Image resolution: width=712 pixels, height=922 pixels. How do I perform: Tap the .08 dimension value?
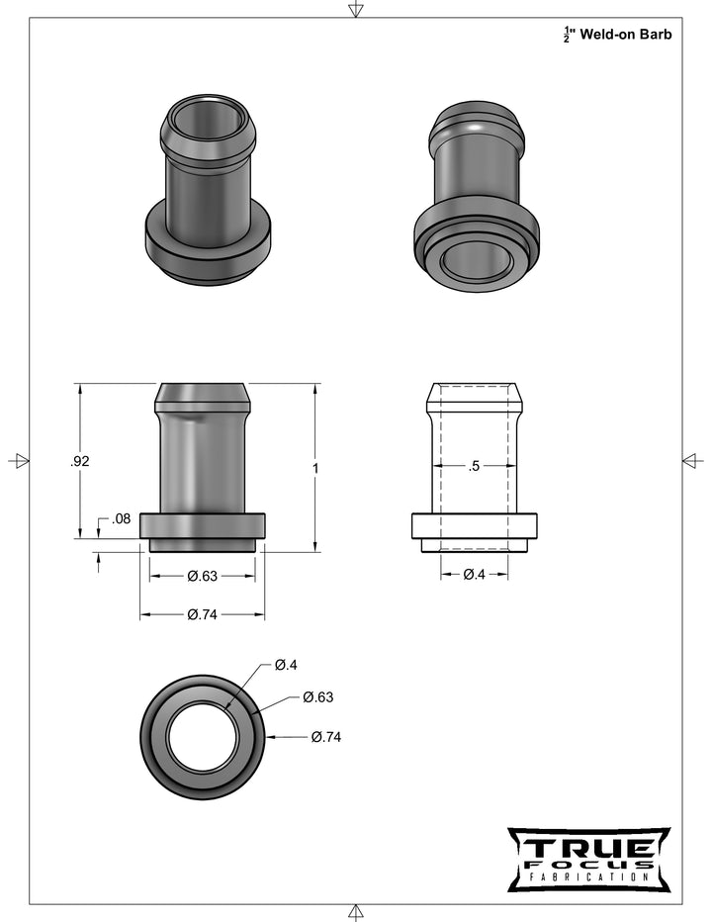click(x=122, y=518)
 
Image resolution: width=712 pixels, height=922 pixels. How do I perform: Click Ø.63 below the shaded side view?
click(x=202, y=576)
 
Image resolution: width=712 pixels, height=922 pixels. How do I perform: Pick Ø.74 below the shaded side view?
click(x=202, y=614)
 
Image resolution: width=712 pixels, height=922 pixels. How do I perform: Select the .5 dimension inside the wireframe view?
click(x=474, y=466)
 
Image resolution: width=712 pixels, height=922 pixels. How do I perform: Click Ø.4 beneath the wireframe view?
click(x=474, y=576)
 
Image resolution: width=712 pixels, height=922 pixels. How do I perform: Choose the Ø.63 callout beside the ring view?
click(x=317, y=697)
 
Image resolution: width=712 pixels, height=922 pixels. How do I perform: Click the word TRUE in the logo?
click(x=588, y=848)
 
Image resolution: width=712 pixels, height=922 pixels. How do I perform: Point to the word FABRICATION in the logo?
click(x=588, y=876)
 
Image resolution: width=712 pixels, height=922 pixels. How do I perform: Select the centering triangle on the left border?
click(x=18, y=461)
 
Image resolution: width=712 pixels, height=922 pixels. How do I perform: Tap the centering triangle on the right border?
click(x=693, y=461)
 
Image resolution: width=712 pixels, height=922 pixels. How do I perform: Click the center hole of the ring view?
click(x=202, y=737)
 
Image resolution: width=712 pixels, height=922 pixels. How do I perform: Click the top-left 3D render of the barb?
click(x=208, y=188)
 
